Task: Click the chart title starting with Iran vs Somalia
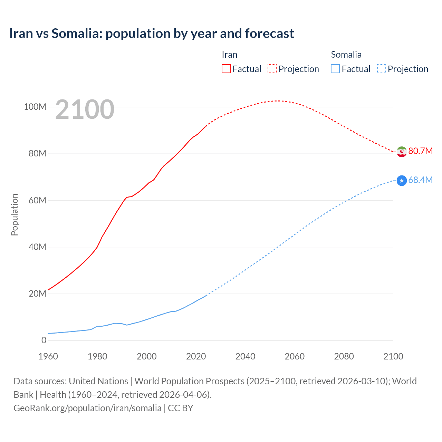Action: point(152,33)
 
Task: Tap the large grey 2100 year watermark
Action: point(85,109)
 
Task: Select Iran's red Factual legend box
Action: point(226,69)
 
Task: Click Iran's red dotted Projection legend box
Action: point(272,69)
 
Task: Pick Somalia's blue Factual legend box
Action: point(335,69)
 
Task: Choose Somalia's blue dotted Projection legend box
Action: point(382,69)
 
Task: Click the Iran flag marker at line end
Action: point(402,152)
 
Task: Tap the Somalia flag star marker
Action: point(402,180)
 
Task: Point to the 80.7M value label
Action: point(420,151)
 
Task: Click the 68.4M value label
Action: point(420,180)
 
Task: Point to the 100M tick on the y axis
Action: point(35,107)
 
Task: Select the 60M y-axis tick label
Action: point(37,200)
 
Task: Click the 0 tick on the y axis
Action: point(44,340)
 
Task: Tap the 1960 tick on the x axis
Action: point(48,356)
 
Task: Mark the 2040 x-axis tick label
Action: point(245,356)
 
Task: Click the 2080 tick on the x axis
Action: point(344,356)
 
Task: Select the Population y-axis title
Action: point(15,214)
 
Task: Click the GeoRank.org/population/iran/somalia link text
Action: point(87,408)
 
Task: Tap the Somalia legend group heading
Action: point(346,55)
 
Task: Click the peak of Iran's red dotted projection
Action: point(278,101)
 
